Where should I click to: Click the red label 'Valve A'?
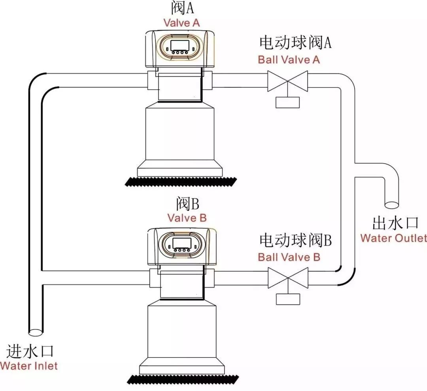click(182, 23)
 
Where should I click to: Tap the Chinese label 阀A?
click(182, 8)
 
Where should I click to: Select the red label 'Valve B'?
click(187, 218)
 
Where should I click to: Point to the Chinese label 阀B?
click(187, 204)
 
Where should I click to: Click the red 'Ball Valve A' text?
click(289, 60)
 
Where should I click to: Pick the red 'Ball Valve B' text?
click(289, 257)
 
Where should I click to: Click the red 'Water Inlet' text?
click(29, 365)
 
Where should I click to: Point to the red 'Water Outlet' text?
click(393, 238)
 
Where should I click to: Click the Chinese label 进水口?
click(30, 351)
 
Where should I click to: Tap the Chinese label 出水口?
click(395, 223)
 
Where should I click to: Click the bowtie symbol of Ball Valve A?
click(288, 81)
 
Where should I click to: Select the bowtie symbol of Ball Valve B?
click(288, 278)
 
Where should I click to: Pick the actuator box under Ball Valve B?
click(288, 299)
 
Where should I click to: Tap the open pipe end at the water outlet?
click(392, 205)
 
